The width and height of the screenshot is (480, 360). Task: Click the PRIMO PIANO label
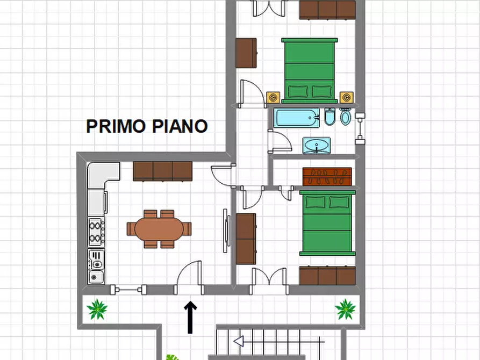[x=147, y=126]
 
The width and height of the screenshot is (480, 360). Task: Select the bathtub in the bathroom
[x=296, y=118]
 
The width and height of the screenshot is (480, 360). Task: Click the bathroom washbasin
[x=316, y=145]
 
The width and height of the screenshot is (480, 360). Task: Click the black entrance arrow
[x=191, y=316]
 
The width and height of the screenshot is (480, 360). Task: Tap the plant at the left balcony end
[x=97, y=309]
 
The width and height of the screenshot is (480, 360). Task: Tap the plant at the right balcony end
[x=345, y=309]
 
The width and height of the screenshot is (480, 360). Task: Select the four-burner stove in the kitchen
[x=96, y=232]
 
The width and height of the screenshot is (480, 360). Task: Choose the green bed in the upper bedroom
[x=309, y=70]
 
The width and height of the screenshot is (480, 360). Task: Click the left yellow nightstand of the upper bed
[x=274, y=97]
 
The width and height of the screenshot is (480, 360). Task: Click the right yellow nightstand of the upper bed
[x=346, y=97]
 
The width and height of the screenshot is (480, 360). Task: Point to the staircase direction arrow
[x=239, y=341]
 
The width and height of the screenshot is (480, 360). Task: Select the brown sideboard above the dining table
[x=162, y=171]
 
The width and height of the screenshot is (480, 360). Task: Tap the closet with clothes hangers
[x=327, y=176]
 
